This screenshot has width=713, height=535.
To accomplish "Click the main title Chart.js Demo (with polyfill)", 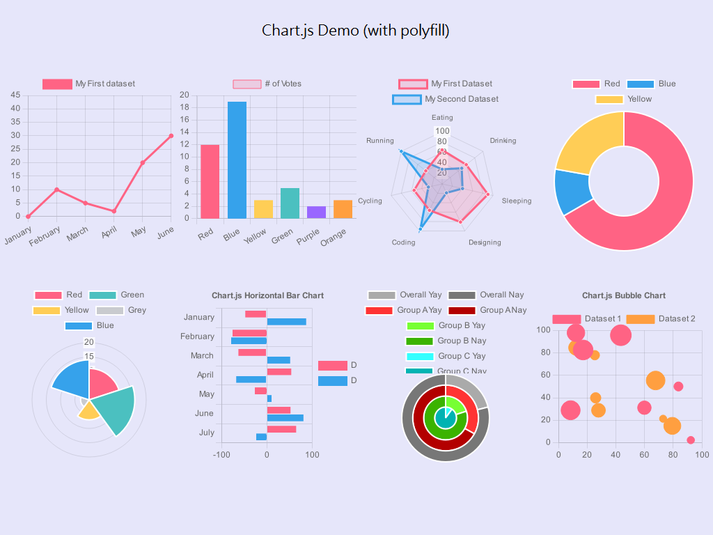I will [x=356, y=31].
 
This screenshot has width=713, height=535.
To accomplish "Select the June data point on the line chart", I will [x=171, y=136].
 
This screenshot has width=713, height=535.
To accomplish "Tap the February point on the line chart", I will [x=56, y=189].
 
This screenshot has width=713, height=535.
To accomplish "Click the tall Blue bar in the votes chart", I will [x=237, y=160].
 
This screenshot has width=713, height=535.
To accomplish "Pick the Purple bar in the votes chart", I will [x=316, y=212].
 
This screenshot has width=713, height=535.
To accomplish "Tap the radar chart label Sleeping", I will [x=516, y=201].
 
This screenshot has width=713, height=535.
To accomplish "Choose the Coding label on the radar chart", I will [x=403, y=242].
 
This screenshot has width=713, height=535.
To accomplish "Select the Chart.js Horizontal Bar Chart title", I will [x=267, y=295].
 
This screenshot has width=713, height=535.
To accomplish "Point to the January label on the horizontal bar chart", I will [x=199, y=317].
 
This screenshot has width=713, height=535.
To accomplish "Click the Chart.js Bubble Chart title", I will [x=624, y=295].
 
